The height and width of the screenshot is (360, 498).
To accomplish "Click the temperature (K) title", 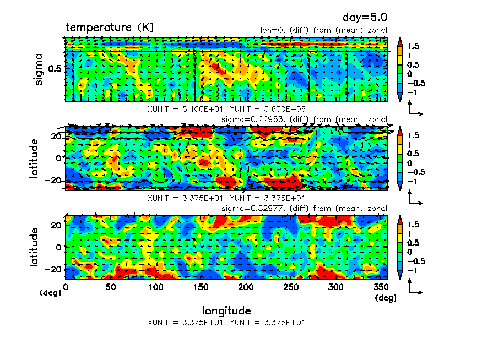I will pos(110,27).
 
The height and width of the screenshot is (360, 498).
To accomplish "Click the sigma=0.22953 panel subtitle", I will pos(304,119).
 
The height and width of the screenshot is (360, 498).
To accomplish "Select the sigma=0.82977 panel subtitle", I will pos(304,208).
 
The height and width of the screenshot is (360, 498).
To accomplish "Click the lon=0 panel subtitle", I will pos(323,30).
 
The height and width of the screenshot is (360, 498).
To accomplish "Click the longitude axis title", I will pos(226,310).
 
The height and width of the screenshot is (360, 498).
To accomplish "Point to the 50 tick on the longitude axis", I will pos(111,287).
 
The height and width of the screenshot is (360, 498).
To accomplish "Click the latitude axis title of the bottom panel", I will pos(35,247).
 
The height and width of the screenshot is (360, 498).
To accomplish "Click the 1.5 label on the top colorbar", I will pos(413,46).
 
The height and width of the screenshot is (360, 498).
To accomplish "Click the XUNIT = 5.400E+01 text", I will pos(183,109).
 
